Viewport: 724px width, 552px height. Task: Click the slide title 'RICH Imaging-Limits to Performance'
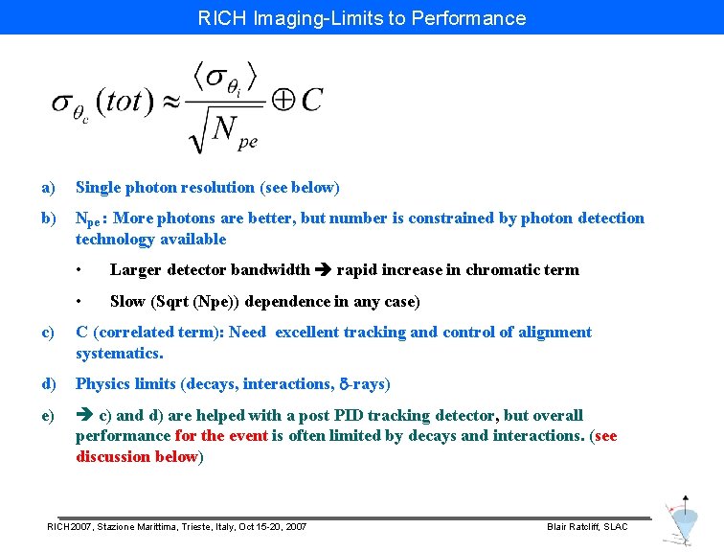[362, 17]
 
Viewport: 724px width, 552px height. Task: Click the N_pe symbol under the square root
[234, 132]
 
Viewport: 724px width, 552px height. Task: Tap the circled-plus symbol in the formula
[283, 99]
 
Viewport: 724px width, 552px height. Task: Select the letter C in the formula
[311, 99]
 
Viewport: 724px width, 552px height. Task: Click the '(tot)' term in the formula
[124, 102]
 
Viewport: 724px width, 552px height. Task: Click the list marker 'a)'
[48, 187]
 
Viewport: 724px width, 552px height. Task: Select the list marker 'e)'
[48, 415]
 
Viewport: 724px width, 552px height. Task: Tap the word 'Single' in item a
[99, 187]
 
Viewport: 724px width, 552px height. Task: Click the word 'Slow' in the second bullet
[127, 301]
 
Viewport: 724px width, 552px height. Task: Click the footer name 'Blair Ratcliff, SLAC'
[587, 527]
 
